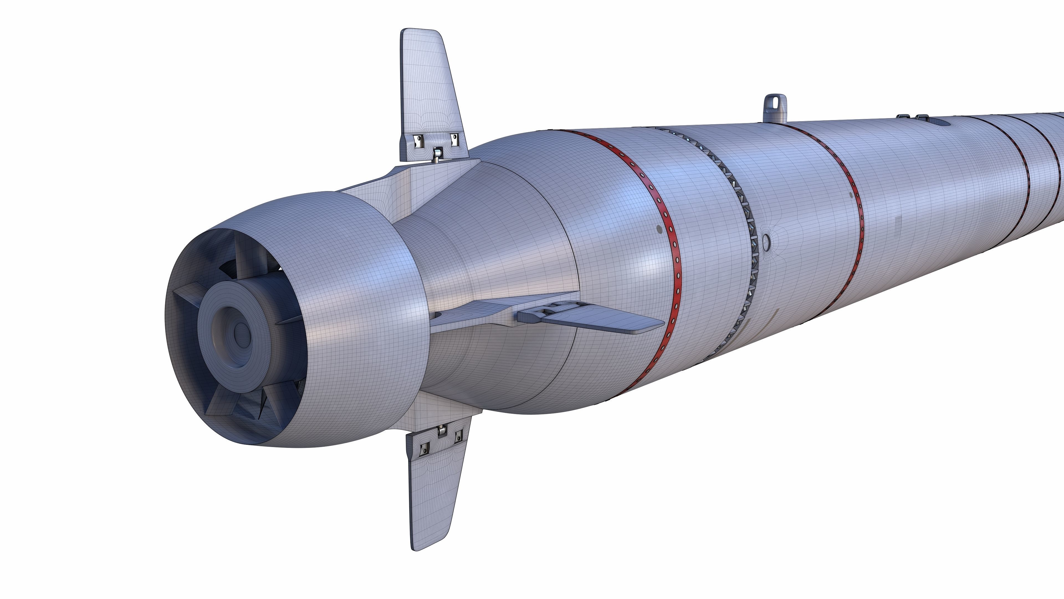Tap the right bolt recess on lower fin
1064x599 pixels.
pyautogui.click(x=458, y=437)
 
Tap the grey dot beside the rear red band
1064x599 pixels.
pyautogui.click(x=659, y=229)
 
